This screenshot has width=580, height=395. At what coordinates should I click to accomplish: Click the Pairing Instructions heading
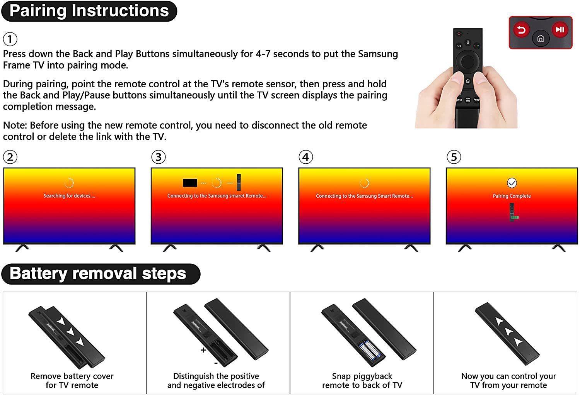pyautogui.click(x=89, y=11)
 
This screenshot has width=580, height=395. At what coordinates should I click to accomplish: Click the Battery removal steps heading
pyautogui.click(x=98, y=273)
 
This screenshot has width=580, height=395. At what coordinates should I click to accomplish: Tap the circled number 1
pyautogui.click(x=10, y=39)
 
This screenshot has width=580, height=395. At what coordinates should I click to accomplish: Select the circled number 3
pyautogui.click(x=159, y=157)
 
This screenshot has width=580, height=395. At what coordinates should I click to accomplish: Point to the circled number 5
pyautogui.click(x=454, y=157)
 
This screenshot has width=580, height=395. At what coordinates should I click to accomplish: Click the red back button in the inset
pyautogui.click(x=522, y=30)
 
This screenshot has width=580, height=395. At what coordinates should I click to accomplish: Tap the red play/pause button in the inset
pyautogui.click(x=560, y=30)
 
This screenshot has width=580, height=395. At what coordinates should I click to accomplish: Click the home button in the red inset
pyautogui.click(x=541, y=38)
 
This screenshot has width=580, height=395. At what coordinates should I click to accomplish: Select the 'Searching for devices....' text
pyautogui.click(x=69, y=196)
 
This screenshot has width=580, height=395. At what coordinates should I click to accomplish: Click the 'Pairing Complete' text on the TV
pyautogui.click(x=512, y=196)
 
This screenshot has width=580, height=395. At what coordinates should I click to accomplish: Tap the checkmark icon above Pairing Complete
pyautogui.click(x=512, y=183)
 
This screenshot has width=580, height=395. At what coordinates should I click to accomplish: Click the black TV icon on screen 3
pyautogui.click(x=190, y=183)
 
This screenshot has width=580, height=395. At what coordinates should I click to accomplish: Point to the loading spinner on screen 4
pyautogui.click(x=364, y=183)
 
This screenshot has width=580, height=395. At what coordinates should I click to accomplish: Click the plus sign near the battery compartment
pyautogui.click(x=203, y=350)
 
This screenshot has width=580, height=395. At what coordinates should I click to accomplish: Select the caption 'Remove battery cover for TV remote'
pyautogui.click(x=72, y=380)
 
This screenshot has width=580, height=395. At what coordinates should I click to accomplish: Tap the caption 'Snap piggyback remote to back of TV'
pyautogui.click(x=362, y=380)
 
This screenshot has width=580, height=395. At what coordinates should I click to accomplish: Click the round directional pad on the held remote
pyautogui.click(x=467, y=61)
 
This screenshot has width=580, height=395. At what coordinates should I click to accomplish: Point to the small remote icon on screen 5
pyautogui.click(x=513, y=212)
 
